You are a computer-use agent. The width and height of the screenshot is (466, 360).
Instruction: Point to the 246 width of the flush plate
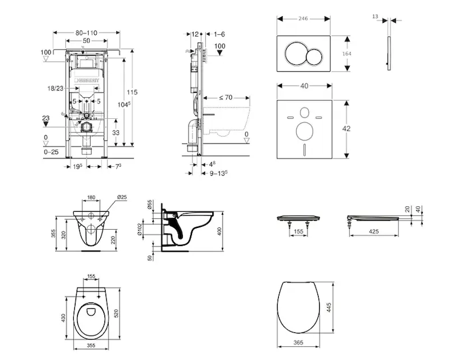coord(304,19)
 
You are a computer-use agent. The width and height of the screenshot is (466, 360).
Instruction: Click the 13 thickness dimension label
coord(375,17)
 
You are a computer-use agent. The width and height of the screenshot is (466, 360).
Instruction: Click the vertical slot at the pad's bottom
coord(304,149)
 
